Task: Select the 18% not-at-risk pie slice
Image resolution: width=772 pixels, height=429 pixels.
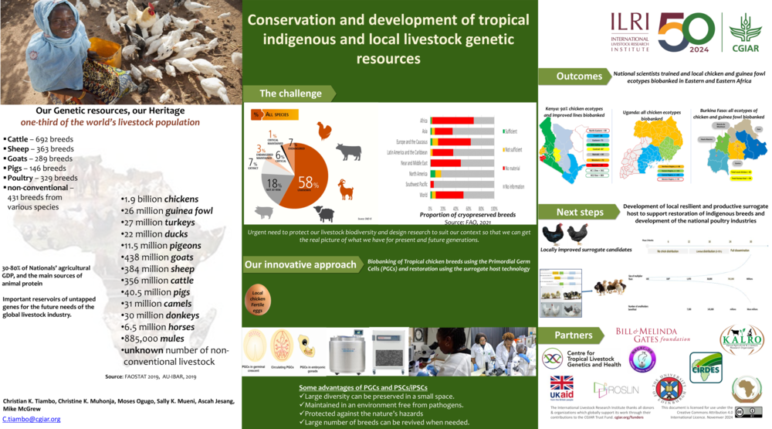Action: pyautogui.click(x=274, y=184)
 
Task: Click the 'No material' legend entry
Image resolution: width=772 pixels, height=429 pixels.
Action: pyautogui.click(x=514, y=168)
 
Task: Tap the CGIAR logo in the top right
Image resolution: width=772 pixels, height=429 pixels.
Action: pyautogui.click(x=744, y=32)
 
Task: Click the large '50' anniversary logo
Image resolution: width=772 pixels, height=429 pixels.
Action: pyautogui.click(x=686, y=32)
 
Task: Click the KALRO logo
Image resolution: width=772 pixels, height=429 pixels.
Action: pyautogui.click(x=741, y=339)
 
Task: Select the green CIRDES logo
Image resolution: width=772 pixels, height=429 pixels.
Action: pyautogui.click(x=706, y=368)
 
